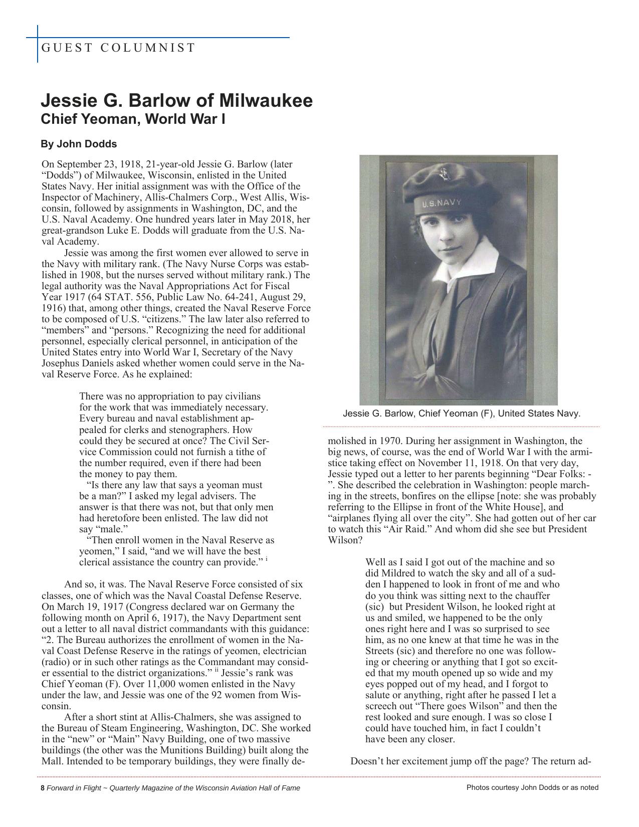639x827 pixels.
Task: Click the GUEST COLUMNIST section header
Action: tap(118, 48)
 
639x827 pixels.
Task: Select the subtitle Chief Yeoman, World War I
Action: tap(133, 120)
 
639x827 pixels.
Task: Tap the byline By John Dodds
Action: tap(79, 144)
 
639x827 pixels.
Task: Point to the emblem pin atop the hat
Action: tap(443, 175)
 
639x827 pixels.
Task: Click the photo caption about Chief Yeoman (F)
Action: tap(461, 413)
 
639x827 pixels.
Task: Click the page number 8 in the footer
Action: tap(43, 787)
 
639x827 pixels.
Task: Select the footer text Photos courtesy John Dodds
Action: tap(532, 787)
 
